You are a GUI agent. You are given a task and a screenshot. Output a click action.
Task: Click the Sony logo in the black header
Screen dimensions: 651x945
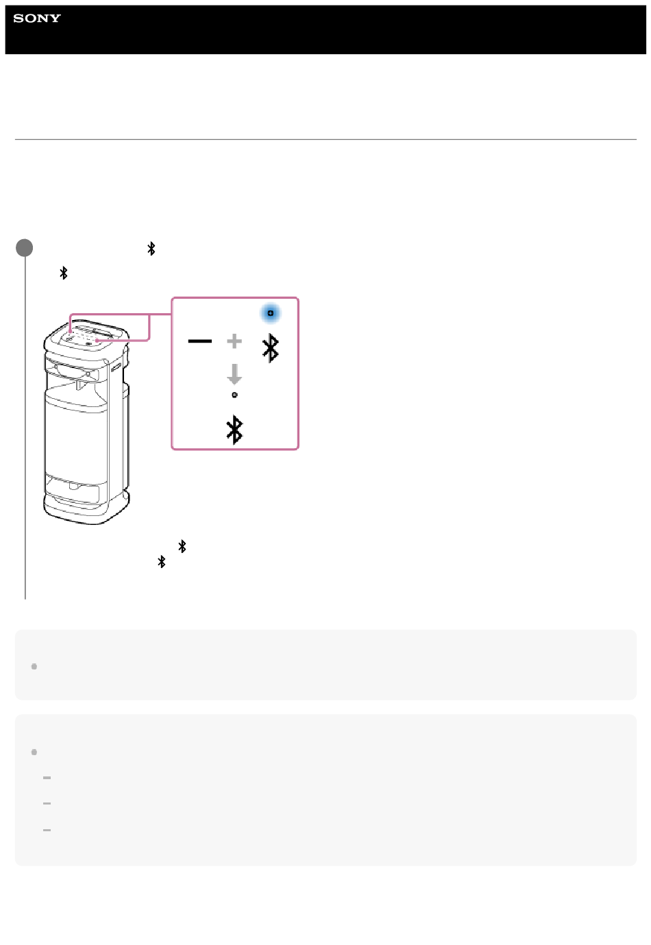[37, 18]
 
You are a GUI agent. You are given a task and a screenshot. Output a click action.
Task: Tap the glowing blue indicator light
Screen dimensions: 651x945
[271, 313]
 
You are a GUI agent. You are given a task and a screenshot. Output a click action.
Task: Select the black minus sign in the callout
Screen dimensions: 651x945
[200, 341]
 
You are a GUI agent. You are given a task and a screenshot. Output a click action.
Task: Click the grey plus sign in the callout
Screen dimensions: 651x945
[234, 341]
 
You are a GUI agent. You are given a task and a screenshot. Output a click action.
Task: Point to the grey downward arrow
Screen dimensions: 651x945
[234, 374]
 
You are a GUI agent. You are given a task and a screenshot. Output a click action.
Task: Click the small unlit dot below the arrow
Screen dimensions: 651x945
[234, 395]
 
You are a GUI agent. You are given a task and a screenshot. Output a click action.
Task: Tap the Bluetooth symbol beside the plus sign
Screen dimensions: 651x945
[271, 348]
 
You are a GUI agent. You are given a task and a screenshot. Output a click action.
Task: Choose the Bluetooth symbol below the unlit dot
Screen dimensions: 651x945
[234, 430]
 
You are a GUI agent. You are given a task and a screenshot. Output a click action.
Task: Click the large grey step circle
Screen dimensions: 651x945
[25, 247]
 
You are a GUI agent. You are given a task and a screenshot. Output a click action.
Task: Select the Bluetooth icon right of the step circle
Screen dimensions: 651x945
[151, 249]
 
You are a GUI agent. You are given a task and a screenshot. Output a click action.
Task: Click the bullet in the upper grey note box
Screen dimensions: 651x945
[34, 667]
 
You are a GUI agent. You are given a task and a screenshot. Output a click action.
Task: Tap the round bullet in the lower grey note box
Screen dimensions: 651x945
[34, 752]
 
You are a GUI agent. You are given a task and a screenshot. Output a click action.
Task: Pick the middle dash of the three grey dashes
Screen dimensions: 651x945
[47, 803]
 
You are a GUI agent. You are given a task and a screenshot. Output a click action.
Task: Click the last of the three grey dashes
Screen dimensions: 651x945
[47, 830]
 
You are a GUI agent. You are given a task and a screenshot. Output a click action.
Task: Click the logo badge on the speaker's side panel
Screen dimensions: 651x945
[116, 367]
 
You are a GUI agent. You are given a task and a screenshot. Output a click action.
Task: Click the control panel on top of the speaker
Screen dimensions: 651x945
[86, 336]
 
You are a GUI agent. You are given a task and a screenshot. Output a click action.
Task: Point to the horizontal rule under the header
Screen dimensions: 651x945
[325, 139]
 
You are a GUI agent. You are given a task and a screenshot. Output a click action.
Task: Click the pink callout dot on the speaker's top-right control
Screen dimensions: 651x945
[97, 341]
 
